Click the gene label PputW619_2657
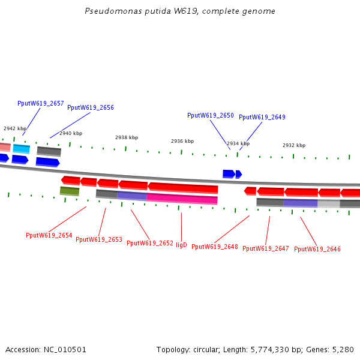click(x=41, y=104)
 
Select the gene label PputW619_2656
click(x=91, y=108)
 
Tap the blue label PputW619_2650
click(x=211, y=115)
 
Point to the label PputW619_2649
click(x=262, y=118)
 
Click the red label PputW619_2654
click(x=49, y=236)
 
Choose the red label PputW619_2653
click(x=99, y=240)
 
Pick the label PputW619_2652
click(x=150, y=244)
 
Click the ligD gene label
click(x=181, y=245)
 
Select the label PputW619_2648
click(x=215, y=247)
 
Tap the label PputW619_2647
click(x=266, y=248)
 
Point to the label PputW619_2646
click(x=317, y=250)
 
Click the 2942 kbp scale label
click(x=15, y=128)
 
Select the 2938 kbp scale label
click(x=127, y=137)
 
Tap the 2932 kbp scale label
click(x=294, y=145)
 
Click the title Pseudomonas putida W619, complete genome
click(x=180, y=11)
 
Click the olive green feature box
click(x=70, y=191)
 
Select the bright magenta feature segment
click(x=182, y=199)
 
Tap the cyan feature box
click(x=21, y=148)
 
